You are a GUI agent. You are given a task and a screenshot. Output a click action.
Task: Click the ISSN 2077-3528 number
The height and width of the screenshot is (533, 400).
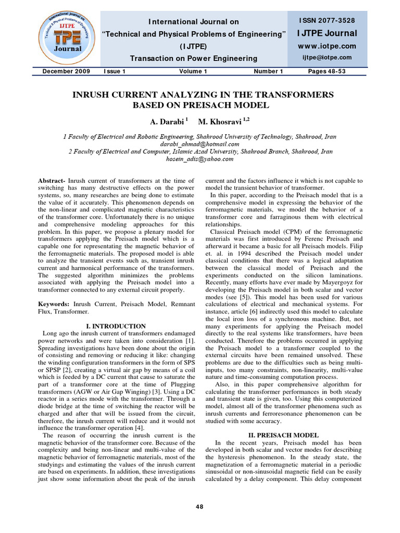pos(327,20)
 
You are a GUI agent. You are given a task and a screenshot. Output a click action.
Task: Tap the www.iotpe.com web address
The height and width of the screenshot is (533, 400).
pos(327,46)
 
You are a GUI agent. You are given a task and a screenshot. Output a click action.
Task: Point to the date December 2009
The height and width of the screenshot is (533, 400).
pos(66,71)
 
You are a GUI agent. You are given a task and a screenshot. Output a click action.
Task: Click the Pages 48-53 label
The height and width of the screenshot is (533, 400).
pos(327,71)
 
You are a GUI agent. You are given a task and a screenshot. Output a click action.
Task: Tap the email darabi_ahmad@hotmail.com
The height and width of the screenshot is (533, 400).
pos(199,144)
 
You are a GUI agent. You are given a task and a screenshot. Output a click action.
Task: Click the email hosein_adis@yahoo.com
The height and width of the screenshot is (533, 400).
pos(199,159)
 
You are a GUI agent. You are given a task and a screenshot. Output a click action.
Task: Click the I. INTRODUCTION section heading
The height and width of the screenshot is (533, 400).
pos(116,326)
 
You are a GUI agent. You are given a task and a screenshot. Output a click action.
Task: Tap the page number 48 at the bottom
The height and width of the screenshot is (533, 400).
pos(199,507)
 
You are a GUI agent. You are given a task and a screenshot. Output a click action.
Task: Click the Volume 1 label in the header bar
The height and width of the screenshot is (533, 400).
pos(193,71)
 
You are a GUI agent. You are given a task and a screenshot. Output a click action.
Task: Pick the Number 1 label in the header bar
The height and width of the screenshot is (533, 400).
pos(268,71)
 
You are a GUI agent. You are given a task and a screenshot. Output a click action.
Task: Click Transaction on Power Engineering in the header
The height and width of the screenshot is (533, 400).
pos(193,58)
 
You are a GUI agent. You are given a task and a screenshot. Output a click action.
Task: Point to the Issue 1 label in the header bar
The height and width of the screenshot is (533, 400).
pos(115,71)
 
